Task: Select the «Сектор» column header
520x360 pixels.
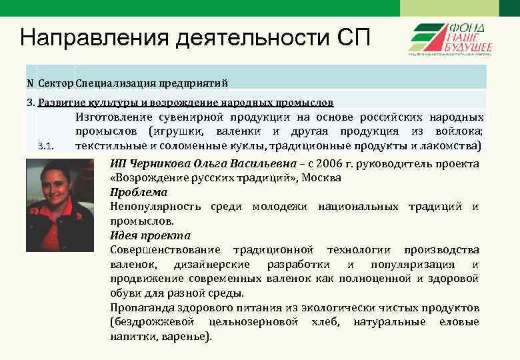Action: click(x=56, y=83)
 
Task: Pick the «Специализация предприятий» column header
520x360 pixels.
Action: click(x=152, y=83)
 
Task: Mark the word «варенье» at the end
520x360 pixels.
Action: click(x=189, y=337)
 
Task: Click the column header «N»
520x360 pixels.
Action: click(x=30, y=83)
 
